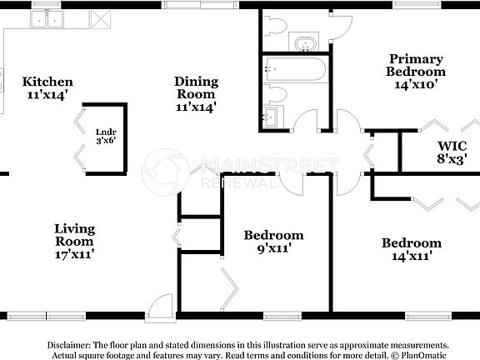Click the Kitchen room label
(47, 82)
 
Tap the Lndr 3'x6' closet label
(105, 137)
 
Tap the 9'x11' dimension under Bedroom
(273, 248)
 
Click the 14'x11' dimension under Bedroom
(412, 257)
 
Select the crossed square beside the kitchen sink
(102, 17)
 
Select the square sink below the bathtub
(272, 117)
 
